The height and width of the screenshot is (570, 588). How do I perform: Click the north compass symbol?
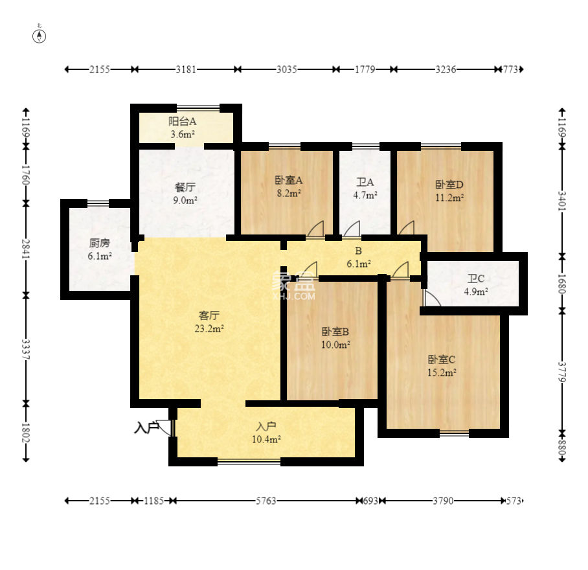point(40,36)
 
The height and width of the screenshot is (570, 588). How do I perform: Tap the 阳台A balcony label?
point(182,121)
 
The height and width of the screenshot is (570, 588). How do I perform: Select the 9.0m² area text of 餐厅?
point(185,200)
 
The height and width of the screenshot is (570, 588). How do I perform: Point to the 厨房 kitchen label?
point(99,243)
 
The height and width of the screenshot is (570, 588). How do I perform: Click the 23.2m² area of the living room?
point(209,328)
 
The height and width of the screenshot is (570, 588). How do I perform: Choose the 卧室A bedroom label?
point(289,180)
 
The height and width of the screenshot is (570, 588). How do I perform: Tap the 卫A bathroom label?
point(365,182)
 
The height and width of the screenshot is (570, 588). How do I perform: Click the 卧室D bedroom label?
point(449,185)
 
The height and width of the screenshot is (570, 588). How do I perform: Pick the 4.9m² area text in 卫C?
point(476,291)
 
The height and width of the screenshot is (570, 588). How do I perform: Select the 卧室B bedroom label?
point(335,332)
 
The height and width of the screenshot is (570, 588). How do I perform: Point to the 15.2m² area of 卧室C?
point(442,372)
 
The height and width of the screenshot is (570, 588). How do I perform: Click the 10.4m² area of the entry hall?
point(266,439)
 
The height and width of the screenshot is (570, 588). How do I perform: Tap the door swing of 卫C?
point(432,298)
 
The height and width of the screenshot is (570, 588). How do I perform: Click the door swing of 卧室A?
point(315,229)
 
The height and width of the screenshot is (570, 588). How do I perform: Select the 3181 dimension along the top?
point(186,69)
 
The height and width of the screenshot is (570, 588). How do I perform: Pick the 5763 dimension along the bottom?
point(266,501)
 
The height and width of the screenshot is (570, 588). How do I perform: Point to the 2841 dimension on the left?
point(26,249)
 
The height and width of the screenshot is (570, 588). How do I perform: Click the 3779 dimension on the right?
point(561,372)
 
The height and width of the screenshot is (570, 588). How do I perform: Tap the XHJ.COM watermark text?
point(295,296)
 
